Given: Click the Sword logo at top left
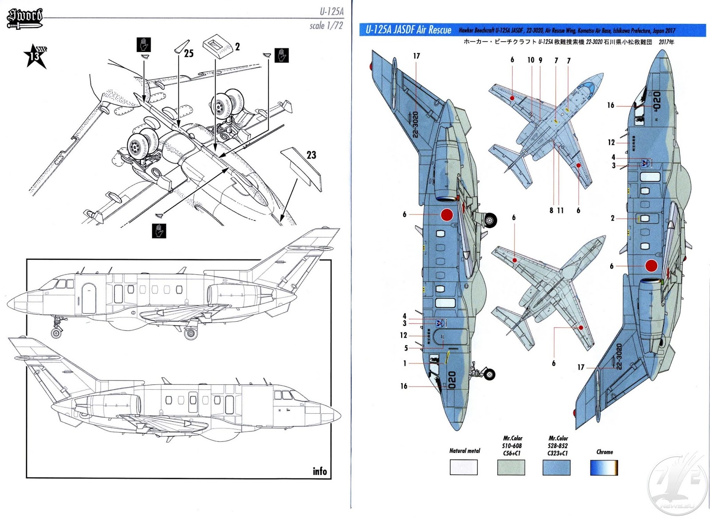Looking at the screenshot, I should click(x=25, y=18).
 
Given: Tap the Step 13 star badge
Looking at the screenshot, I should click(x=35, y=56).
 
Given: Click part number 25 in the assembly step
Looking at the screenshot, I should click(x=189, y=54).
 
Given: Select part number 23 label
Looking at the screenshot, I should click(x=312, y=155).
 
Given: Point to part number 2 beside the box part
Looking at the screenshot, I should click(x=237, y=47).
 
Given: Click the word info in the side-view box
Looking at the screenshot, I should click(x=319, y=471).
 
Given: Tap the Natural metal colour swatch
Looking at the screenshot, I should click(x=464, y=467).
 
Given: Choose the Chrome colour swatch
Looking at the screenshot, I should click(x=604, y=467).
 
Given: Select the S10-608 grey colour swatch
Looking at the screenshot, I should click(x=512, y=467).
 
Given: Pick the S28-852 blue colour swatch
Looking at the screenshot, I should click(x=556, y=467).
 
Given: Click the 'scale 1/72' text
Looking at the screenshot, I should click(x=326, y=26).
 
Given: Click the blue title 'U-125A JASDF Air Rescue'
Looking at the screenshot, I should click(x=408, y=30).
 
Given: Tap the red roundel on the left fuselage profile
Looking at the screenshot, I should click(x=447, y=215).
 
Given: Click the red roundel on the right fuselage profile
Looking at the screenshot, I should click(x=651, y=266).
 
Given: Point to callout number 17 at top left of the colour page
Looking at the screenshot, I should click(x=416, y=56).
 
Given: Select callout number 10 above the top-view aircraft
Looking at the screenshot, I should click(x=531, y=60).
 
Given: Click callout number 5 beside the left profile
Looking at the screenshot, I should click(x=406, y=348).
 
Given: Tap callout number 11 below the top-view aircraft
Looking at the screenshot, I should click(x=560, y=210).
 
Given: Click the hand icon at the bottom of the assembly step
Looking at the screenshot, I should click(x=159, y=231).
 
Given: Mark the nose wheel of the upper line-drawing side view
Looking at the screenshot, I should click(x=56, y=333).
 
